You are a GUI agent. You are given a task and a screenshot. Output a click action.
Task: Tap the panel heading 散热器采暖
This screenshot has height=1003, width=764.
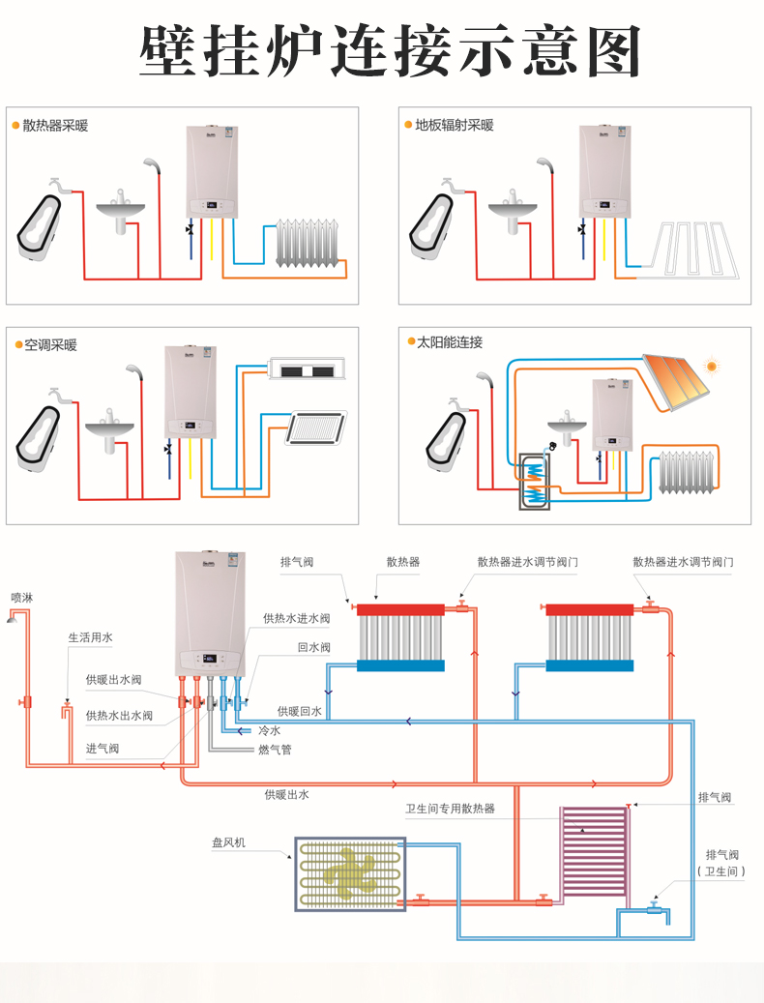coord(55,126)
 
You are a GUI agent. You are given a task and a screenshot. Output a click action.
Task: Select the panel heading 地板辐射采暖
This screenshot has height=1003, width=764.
coord(455,126)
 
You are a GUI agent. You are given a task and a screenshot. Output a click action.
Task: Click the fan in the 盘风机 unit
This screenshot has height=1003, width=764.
coord(349,873)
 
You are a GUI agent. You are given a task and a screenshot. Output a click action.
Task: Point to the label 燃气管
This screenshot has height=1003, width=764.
coord(275,750)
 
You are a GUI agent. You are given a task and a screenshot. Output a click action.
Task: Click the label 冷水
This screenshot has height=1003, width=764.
coord(269,731)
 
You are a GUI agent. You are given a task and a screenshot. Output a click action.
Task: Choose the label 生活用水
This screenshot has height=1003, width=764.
coord(90,638)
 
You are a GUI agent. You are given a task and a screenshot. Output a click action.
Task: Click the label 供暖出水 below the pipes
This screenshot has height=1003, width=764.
coord(286,794)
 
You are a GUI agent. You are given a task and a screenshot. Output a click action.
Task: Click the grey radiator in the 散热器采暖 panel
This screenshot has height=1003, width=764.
coord(309,244)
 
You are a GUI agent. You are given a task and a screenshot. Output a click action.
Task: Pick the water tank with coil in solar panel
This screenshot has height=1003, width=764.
coord(534,480)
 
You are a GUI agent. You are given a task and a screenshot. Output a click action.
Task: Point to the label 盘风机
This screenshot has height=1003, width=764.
coord(228,842)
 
